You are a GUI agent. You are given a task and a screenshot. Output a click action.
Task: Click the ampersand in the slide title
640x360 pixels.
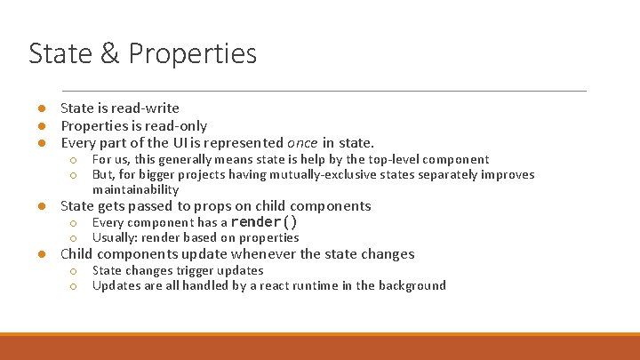111,53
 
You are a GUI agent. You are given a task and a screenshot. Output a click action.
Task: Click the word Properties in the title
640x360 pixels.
192,55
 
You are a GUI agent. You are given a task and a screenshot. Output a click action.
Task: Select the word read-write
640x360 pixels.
148,108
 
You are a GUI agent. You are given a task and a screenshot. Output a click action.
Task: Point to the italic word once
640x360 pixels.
302,142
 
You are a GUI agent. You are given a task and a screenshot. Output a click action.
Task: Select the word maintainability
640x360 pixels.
135,189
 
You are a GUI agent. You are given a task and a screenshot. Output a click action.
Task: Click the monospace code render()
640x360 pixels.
264,222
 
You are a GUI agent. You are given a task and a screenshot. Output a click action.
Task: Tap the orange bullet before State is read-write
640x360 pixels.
41,108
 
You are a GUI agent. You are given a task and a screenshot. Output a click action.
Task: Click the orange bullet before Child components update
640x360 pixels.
41,254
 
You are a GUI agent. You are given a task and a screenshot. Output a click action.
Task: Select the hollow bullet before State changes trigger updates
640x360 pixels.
74,270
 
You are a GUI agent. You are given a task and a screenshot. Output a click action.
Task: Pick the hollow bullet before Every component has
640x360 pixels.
74,222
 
